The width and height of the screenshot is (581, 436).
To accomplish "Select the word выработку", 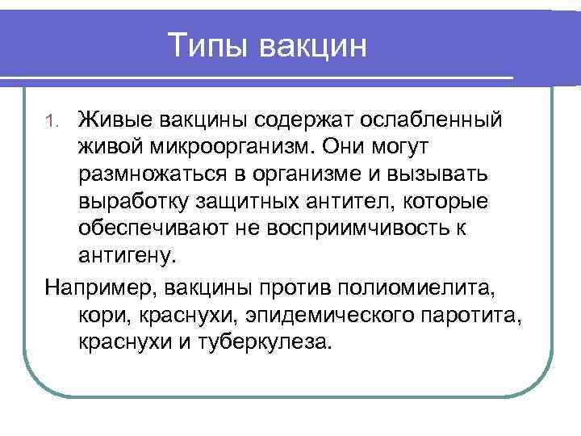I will (138, 202).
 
